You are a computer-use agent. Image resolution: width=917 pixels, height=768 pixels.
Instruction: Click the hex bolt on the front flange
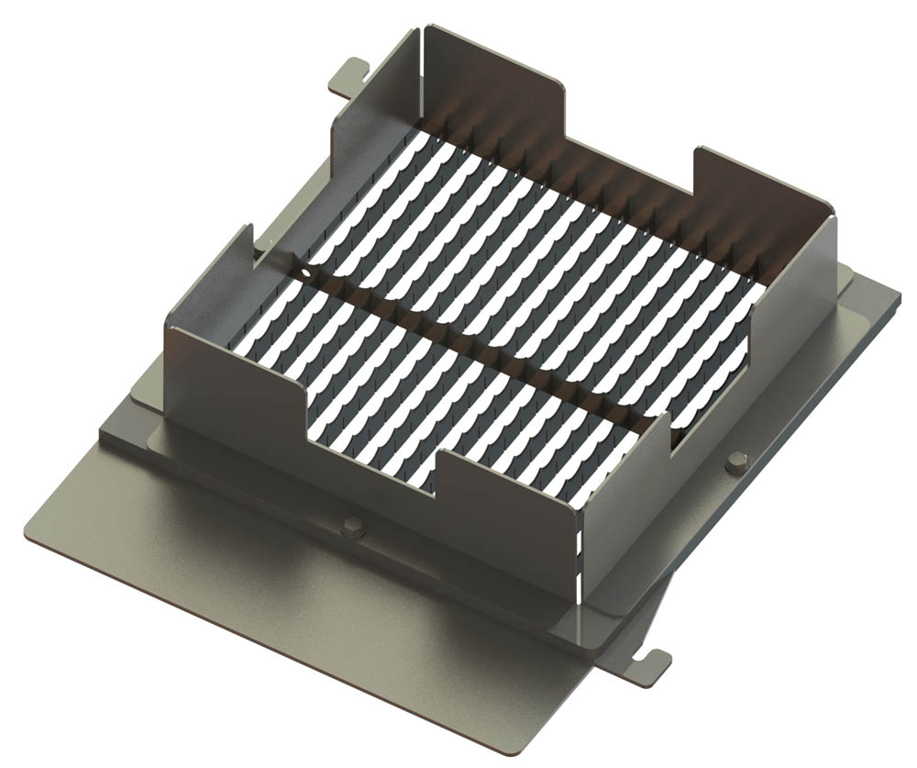[352, 528]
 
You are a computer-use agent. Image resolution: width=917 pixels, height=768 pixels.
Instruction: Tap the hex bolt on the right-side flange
[735, 462]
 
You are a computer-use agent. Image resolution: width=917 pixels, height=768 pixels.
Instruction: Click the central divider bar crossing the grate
[477, 349]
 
